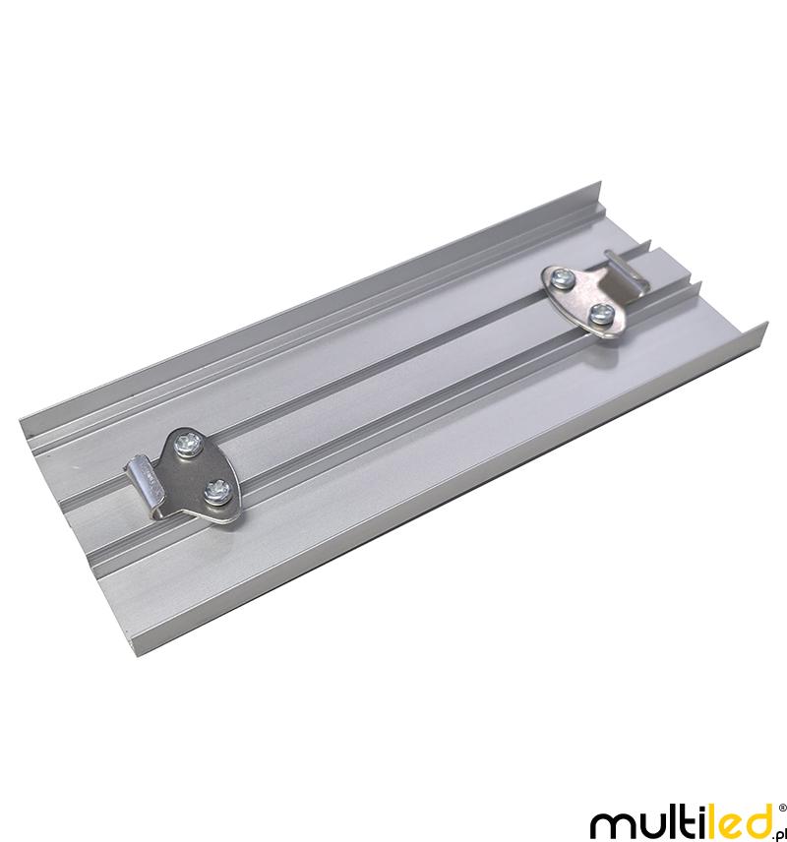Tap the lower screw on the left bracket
pyautogui.click(x=219, y=492)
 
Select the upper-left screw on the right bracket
pyautogui.click(x=564, y=278)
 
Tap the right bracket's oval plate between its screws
pyautogui.click(x=582, y=297)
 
